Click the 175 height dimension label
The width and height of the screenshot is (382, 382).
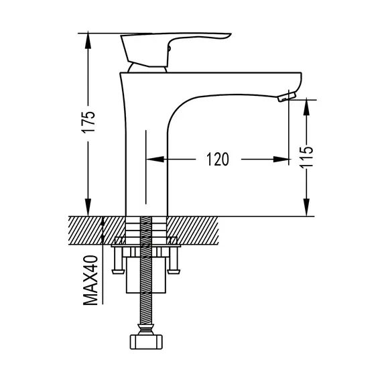(88, 122)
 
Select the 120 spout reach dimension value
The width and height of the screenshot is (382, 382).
(218, 160)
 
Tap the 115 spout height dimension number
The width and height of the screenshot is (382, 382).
(306, 157)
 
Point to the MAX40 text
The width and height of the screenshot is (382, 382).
(90, 280)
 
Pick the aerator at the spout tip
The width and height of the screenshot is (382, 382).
(287, 96)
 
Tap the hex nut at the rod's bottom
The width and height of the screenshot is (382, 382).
(146, 342)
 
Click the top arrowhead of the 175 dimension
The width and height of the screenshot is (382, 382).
(88, 41)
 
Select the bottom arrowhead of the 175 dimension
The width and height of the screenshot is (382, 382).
(88, 207)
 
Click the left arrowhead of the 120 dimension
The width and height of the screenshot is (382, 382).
(155, 160)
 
